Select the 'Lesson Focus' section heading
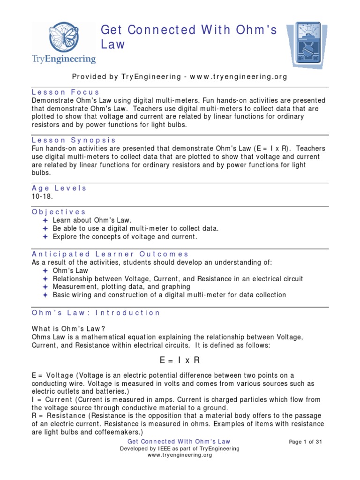coord(66,92)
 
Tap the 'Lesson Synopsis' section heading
coord(74,140)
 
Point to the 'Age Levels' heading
coord(59,188)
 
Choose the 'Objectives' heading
coord(59,212)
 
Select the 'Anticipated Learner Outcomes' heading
coord(110,254)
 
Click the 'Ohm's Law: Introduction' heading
coord(96,313)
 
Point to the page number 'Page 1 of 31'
coord(306,442)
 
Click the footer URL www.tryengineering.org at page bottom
coord(180,455)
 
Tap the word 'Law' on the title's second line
coord(113,45)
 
